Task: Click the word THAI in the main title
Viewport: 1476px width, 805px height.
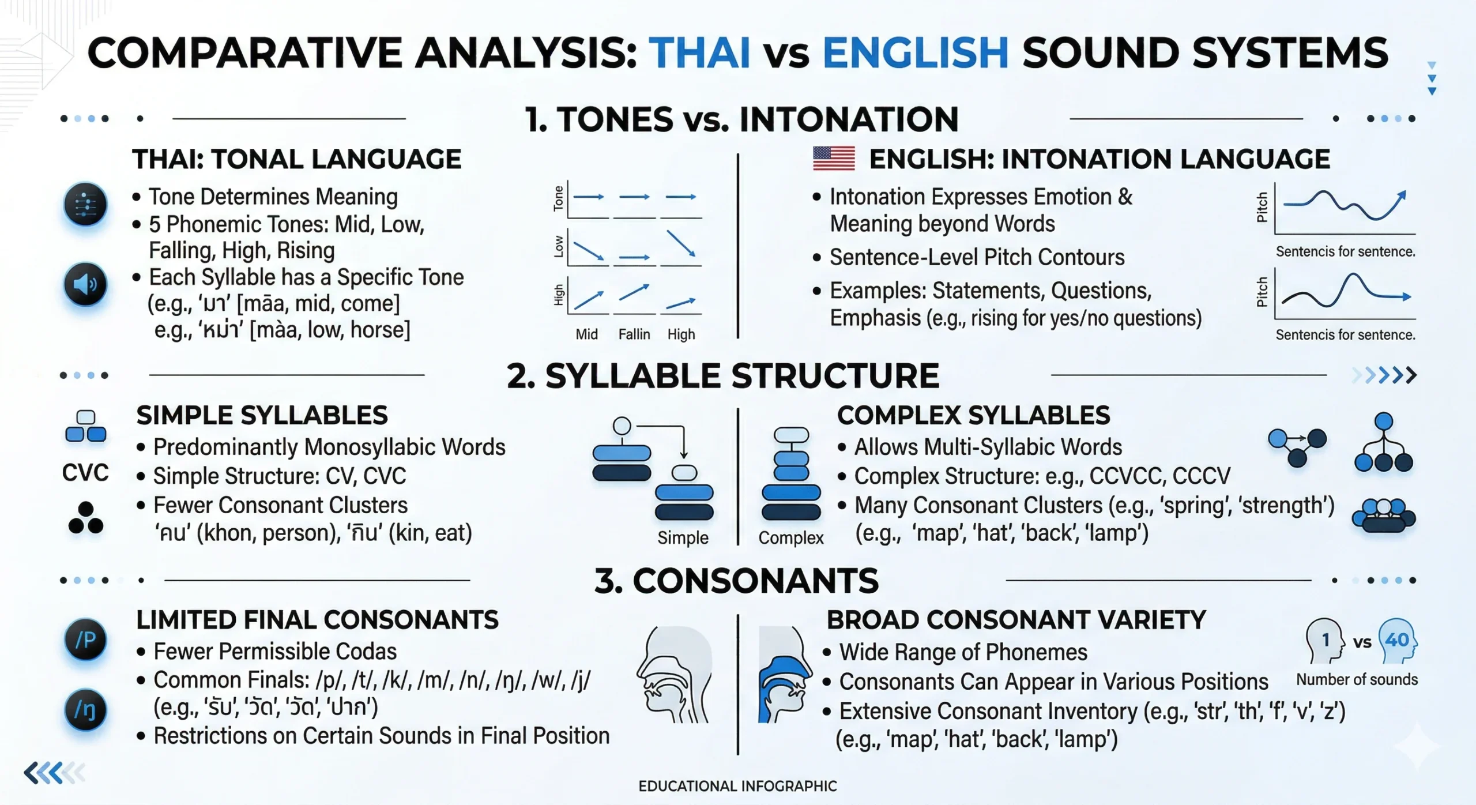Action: pyautogui.click(x=699, y=52)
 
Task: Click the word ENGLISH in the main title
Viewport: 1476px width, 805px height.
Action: pyautogui.click(x=916, y=52)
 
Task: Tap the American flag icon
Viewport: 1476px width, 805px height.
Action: pyautogui.click(x=834, y=158)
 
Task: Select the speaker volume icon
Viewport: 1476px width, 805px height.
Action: pyautogui.click(x=85, y=284)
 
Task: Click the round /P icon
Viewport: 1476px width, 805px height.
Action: pyautogui.click(x=85, y=640)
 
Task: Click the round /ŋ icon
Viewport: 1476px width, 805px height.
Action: pyautogui.click(x=85, y=710)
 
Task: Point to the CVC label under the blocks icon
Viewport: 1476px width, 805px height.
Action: pyautogui.click(x=85, y=473)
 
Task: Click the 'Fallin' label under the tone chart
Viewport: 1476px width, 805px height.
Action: pyautogui.click(x=634, y=334)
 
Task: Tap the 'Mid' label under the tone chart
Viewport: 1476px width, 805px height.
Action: pyautogui.click(x=586, y=334)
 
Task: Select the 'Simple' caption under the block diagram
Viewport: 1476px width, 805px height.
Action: pyautogui.click(x=683, y=537)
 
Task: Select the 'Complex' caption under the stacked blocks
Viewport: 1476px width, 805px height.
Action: pyautogui.click(x=791, y=537)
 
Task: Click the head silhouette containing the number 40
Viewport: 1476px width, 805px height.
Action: pyautogui.click(x=1398, y=641)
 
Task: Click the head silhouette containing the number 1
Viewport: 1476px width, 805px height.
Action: pyautogui.click(x=1324, y=641)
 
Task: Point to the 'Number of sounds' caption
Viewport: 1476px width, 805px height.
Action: pyautogui.click(x=1357, y=679)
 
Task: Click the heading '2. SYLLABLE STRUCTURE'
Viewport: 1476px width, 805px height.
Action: pyautogui.click(x=723, y=376)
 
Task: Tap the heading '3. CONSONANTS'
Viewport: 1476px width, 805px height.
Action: pyautogui.click(x=736, y=581)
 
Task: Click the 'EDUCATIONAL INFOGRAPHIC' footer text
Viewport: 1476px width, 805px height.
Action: pyautogui.click(x=737, y=786)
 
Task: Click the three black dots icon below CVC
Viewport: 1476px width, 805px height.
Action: pyautogui.click(x=86, y=518)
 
